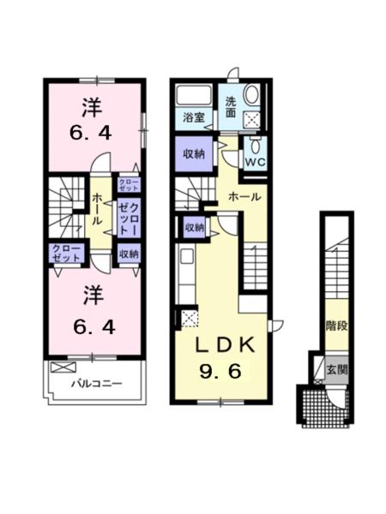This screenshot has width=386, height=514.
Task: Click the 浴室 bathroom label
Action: (x=193, y=118)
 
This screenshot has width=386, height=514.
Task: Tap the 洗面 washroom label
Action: (x=231, y=105)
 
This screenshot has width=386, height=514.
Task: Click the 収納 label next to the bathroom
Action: (x=193, y=155)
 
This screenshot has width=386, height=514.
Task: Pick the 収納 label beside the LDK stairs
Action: (x=195, y=227)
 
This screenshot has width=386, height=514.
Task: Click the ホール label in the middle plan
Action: (x=244, y=197)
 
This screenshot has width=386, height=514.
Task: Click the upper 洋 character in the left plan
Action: (x=93, y=109)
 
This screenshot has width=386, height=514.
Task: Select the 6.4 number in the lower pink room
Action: (x=93, y=326)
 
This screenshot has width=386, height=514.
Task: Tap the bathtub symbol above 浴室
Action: (x=193, y=93)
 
